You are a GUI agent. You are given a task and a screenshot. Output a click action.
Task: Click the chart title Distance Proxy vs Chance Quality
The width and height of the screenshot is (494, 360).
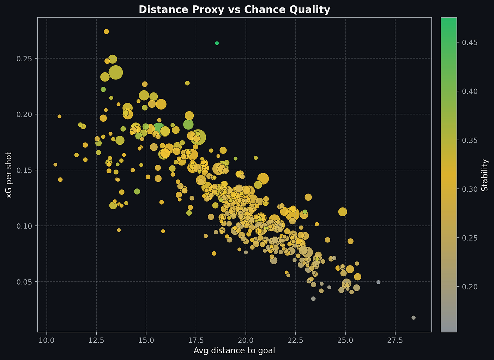[234, 10]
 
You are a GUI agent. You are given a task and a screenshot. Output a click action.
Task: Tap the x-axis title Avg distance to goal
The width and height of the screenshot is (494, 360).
[234, 350]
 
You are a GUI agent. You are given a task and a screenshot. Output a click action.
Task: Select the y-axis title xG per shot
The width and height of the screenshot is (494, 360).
[9, 175]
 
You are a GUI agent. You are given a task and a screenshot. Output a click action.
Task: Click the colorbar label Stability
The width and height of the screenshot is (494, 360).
[485, 175]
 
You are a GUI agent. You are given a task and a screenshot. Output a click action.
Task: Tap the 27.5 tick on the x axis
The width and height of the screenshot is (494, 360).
[395, 340]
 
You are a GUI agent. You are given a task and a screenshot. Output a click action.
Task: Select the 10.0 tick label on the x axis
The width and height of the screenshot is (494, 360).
[47, 340]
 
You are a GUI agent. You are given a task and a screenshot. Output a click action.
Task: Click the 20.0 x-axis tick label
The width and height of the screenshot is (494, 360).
[246, 340]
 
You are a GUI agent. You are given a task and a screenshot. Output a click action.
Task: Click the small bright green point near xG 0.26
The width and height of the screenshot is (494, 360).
[217, 43]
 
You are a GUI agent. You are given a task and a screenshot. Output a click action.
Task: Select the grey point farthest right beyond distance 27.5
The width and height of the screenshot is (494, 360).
[414, 318]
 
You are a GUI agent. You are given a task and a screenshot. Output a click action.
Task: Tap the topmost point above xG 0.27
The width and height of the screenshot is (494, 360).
[106, 31]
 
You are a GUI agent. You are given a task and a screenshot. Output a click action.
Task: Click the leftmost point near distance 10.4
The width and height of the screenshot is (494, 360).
[55, 164]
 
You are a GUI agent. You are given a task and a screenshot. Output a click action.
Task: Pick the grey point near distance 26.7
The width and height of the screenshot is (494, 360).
[379, 282]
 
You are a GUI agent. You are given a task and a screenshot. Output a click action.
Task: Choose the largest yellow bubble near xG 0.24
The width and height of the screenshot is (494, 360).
[115, 72]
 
